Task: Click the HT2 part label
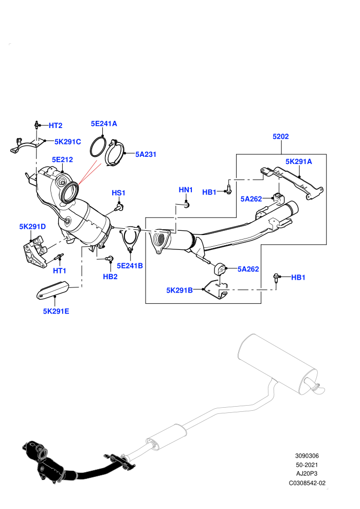click(x=56, y=125)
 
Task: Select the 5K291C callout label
click(x=67, y=142)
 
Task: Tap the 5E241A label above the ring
click(x=104, y=124)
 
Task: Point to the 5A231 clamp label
click(x=146, y=155)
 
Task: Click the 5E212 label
click(x=62, y=160)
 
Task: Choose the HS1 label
click(x=118, y=193)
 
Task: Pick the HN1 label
click(x=186, y=190)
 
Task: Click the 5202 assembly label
click(x=281, y=137)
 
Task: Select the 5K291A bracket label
click(x=299, y=161)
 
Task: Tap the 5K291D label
click(x=32, y=227)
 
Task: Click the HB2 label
click(x=110, y=277)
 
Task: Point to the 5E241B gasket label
click(x=130, y=266)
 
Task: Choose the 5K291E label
click(x=56, y=311)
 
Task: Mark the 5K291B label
click(x=179, y=290)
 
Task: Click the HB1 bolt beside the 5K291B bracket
click(x=276, y=278)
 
